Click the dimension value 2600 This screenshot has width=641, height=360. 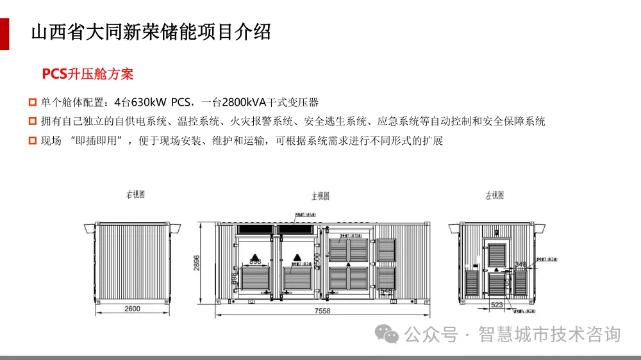click(x=131, y=309)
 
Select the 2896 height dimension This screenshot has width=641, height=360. click(x=197, y=263)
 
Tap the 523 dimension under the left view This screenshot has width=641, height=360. click(x=496, y=305)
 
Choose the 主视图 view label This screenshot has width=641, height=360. click(x=320, y=195)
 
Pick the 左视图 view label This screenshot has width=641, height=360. click(x=494, y=195)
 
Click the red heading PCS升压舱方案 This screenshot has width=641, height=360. click(x=88, y=74)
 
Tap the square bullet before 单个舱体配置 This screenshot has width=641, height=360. click(x=33, y=102)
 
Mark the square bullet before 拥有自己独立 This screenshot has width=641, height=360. click(x=33, y=121)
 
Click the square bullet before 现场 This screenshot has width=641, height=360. click(x=33, y=140)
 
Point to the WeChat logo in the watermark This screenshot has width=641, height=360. click(x=387, y=333)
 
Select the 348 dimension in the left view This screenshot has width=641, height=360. click(x=520, y=264)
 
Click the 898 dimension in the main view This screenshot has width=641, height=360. click(x=254, y=261)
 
